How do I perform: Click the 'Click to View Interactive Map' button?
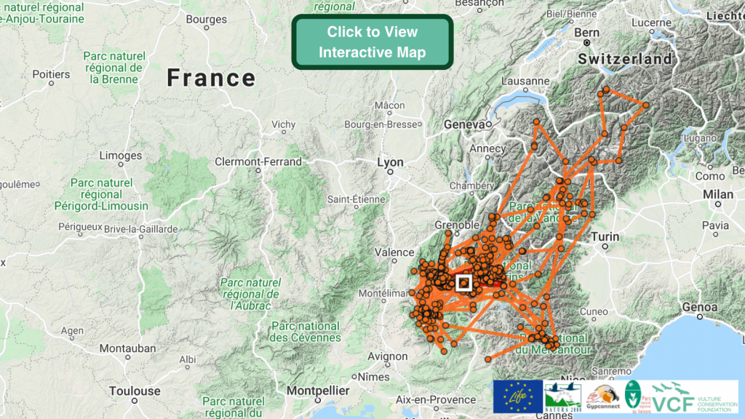[372, 42]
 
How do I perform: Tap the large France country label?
[211, 78]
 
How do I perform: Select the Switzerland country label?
[625, 59]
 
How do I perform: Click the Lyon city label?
[390, 162]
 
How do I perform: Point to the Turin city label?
[605, 236]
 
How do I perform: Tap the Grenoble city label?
[457, 225]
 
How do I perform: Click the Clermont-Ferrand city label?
[258, 161]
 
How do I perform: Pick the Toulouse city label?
[135, 391]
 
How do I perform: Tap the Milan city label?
[718, 194]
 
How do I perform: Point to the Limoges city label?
[121, 155]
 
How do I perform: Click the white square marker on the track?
[463, 282]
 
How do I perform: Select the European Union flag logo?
[517, 396]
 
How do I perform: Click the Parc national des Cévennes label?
[305, 332]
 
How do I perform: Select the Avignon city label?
[388, 356]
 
